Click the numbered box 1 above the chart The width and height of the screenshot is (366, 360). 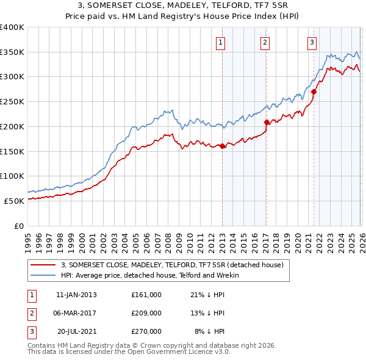coord(220,43)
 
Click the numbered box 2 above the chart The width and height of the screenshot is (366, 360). coord(265,43)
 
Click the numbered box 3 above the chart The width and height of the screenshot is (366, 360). coord(312,43)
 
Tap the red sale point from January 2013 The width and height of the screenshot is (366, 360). coord(222,146)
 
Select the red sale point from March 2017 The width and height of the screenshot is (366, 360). coord(267,122)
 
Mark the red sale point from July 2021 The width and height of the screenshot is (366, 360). coord(314,92)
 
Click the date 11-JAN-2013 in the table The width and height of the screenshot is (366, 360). coord(76,295)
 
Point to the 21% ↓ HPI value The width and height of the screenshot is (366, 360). coord(207,295)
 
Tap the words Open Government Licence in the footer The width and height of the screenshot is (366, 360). coord(174,352)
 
